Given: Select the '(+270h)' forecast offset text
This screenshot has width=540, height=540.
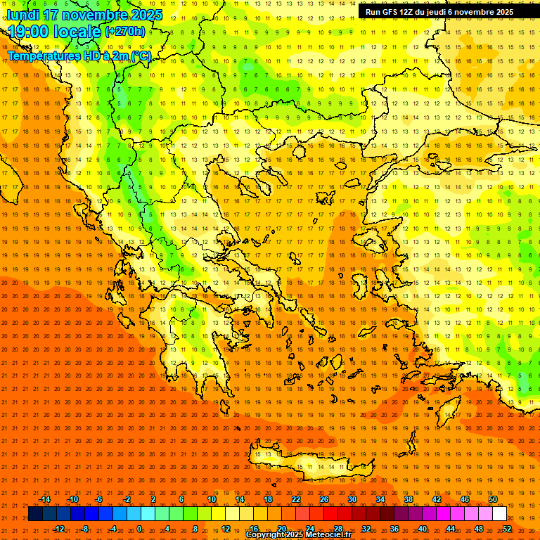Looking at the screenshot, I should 125,31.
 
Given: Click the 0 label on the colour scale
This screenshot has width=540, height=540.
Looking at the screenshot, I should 139,529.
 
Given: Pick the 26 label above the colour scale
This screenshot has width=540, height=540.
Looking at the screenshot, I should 323,499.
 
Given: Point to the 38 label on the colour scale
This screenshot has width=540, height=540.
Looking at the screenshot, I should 409,499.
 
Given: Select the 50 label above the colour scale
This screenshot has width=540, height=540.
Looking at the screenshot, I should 493,499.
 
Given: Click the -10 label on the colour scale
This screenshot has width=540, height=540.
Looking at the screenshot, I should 72,499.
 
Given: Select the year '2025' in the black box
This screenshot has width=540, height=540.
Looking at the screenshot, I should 500,12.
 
